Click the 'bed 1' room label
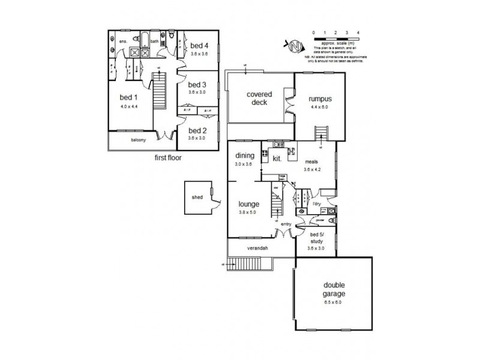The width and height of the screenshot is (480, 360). (x=128, y=98)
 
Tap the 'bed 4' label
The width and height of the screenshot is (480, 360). (x=200, y=46)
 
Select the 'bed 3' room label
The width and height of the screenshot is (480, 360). (x=198, y=85)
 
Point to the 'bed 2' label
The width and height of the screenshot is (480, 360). (x=198, y=130)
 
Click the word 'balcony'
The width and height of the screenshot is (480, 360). (x=139, y=140)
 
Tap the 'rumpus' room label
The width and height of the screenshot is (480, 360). (x=320, y=99)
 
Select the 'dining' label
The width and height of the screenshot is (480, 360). (x=245, y=155)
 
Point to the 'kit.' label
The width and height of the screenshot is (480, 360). (x=277, y=159)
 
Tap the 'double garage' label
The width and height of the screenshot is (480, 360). (x=333, y=290)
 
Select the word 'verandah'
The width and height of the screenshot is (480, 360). (x=257, y=248)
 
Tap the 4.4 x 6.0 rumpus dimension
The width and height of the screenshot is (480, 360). (x=320, y=108)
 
